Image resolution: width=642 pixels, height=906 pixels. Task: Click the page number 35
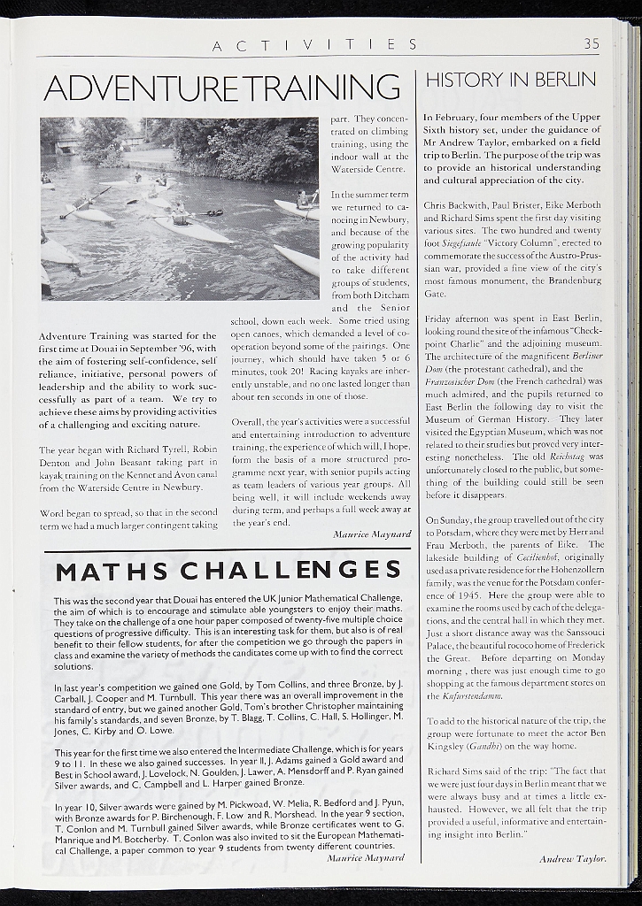point(592,43)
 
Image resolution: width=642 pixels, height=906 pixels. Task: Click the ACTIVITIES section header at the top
point(315,44)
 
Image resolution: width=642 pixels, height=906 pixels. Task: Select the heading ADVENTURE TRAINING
point(221,87)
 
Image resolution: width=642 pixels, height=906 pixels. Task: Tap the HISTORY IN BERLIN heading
point(511,81)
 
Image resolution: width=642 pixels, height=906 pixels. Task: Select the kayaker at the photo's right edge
point(305,200)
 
